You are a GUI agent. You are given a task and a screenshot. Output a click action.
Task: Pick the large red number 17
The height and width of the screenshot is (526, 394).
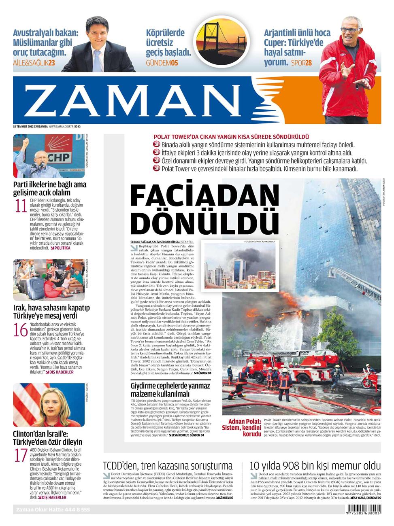pos(21,456)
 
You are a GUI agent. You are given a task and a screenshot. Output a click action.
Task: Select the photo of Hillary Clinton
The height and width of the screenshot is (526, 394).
pos(49,405)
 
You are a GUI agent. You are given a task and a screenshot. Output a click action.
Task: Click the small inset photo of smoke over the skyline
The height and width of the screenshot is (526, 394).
pos(242,266)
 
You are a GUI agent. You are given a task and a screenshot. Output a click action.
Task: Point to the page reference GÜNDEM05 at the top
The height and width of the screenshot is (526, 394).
pos(162,63)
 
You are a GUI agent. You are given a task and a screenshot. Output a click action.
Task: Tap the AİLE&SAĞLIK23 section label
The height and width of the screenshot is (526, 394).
pos(34,63)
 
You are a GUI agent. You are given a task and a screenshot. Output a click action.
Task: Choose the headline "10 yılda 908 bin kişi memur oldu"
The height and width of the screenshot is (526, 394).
pos(315,466)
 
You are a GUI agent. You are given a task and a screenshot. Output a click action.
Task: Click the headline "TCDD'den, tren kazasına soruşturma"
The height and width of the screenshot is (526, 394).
pos(168,466)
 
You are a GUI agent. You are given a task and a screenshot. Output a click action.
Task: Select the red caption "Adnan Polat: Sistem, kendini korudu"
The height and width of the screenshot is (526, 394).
pos(242,428)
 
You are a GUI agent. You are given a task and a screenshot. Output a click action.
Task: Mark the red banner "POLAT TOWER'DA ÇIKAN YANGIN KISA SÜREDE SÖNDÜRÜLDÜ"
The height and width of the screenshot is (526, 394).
pos(231,137)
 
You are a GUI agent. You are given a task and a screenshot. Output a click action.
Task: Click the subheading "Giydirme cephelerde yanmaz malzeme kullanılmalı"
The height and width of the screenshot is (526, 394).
pos(170,390)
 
